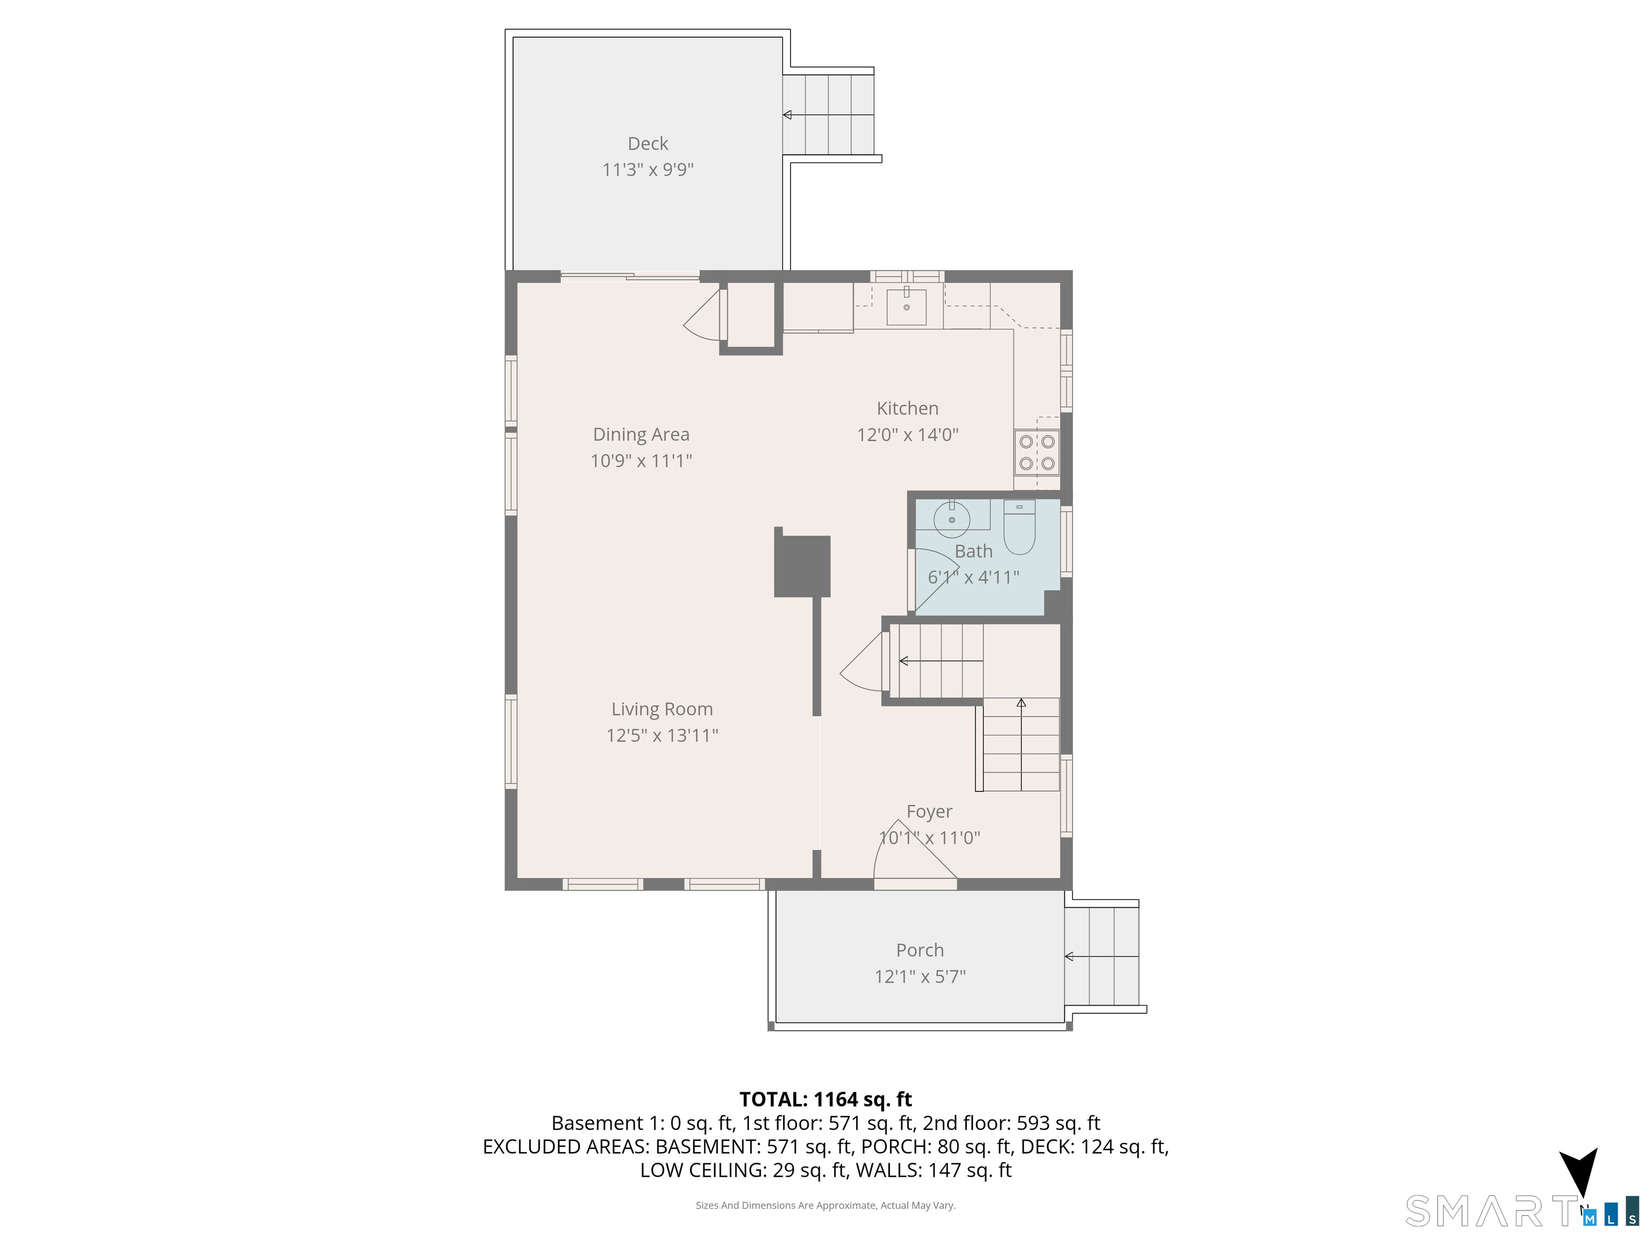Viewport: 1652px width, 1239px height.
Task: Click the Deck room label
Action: coord(647,144)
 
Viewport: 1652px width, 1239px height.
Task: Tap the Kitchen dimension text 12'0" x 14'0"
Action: coord(907,435)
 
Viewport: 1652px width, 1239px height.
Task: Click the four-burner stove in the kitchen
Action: coord(1037,453)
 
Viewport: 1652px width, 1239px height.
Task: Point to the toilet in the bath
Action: coord(1019,527)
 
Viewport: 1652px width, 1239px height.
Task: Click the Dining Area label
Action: coord(641,435)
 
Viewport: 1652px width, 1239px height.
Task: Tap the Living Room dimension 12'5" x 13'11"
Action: coord(661,736)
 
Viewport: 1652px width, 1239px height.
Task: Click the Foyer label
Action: coord(929,812)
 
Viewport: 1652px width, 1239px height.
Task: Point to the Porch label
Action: coord(920,950)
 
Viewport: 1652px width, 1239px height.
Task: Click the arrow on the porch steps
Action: coord(1101,957)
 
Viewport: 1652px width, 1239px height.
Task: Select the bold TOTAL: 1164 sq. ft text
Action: coord(825,1099)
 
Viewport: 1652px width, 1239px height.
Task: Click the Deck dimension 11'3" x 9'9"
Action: coord(647,169)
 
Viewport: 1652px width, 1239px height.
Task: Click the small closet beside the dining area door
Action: coord(751,315)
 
